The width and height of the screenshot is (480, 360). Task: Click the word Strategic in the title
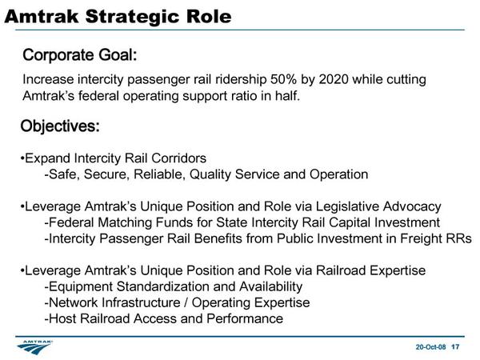132,17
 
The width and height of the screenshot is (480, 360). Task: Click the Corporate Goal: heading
79,55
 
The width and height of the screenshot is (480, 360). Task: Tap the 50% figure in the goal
283,79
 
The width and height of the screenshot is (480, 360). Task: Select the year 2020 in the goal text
334,79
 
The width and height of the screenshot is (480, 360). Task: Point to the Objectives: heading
60,126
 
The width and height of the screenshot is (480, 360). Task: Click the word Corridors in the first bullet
178,158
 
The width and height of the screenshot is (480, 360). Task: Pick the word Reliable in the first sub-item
159,174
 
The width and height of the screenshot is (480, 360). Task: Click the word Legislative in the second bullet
347,206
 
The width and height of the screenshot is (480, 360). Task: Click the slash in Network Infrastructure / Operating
186,302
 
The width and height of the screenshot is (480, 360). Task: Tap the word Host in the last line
62,318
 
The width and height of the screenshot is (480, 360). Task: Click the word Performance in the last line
245,318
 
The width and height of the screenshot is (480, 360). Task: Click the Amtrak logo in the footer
35,347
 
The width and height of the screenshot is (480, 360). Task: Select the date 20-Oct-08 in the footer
430,347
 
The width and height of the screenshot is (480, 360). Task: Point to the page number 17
455,347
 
